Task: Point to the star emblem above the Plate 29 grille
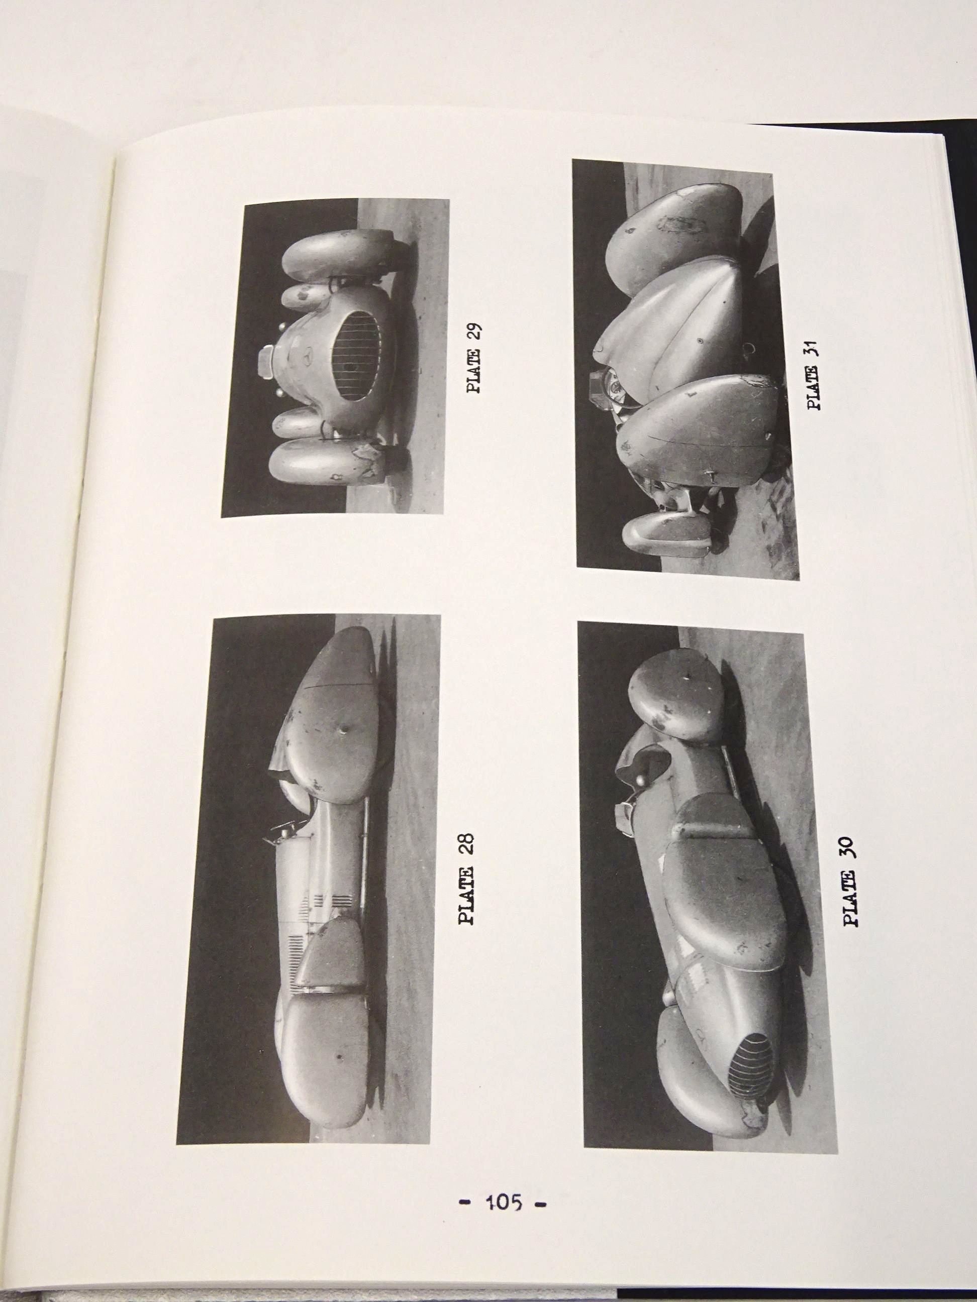tap(319, 357)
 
